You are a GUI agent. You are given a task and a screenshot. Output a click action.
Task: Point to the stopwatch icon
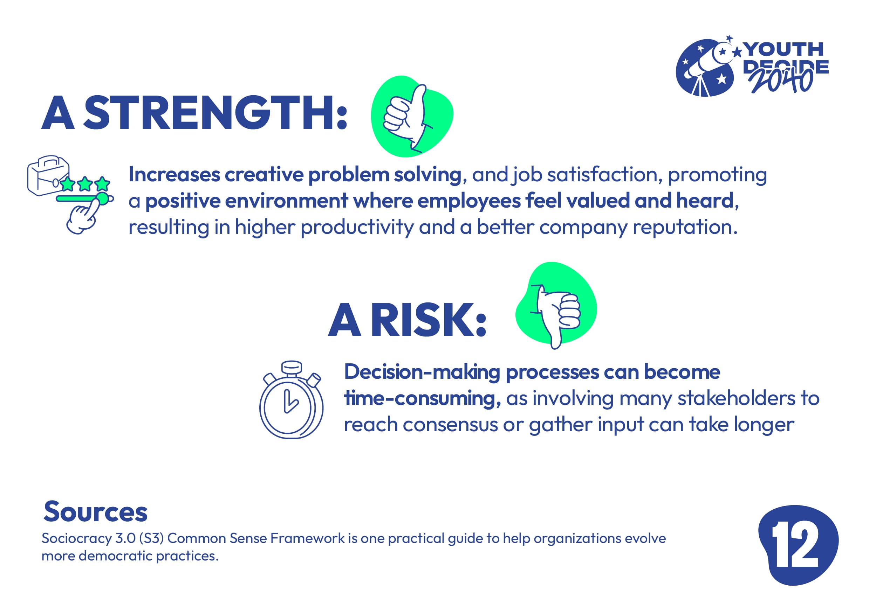tap(291, 400)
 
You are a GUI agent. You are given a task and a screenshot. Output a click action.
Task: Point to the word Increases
tap(174, 175)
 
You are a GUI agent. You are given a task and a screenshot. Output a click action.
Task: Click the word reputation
tap(685, 228)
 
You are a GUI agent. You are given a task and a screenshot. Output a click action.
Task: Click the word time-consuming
tap(422, 398)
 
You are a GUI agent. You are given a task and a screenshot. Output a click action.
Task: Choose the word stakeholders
tap(737, 398)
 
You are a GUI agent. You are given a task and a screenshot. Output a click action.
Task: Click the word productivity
tap(357, 228)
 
